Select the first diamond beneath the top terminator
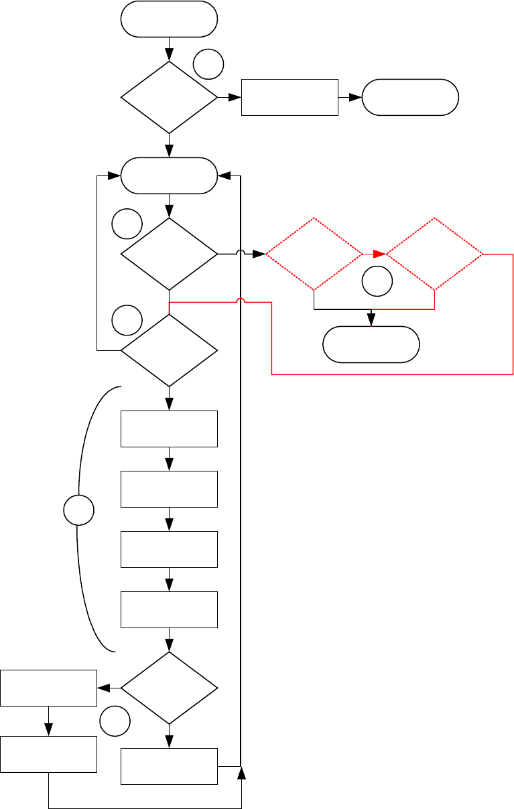[169, 98]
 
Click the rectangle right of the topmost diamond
[290, 98]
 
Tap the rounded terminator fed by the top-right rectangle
[410, 98]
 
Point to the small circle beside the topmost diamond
[208, 65]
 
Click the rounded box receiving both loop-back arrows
[169, 176]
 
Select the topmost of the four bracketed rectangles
[169, 429]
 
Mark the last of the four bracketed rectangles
[169, 609]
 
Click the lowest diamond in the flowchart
[169, 688]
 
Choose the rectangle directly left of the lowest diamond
[48, 688]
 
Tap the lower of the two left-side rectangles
[48, 754]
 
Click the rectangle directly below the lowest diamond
[169, 766]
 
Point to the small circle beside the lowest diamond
[114, 722]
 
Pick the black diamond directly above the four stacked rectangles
[169, 350]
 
